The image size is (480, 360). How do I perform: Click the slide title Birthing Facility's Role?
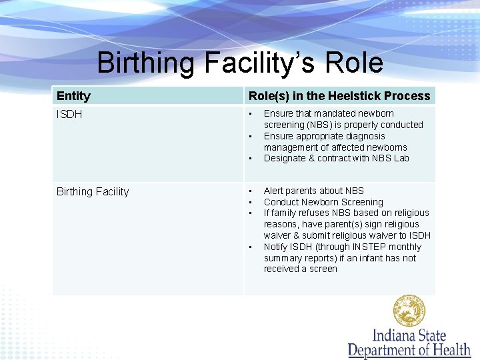240,63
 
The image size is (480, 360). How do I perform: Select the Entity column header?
73,96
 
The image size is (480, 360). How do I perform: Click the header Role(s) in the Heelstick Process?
339,96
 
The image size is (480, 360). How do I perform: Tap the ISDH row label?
69,115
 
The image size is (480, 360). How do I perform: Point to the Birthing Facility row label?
93,192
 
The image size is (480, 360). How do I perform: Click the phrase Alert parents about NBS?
313,191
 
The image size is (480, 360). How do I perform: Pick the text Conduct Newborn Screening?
323,202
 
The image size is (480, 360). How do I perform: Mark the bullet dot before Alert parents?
251,191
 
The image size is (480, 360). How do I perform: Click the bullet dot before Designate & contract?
251,159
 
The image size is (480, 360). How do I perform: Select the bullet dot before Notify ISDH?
251,247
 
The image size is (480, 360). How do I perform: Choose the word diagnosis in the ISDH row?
363,136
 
